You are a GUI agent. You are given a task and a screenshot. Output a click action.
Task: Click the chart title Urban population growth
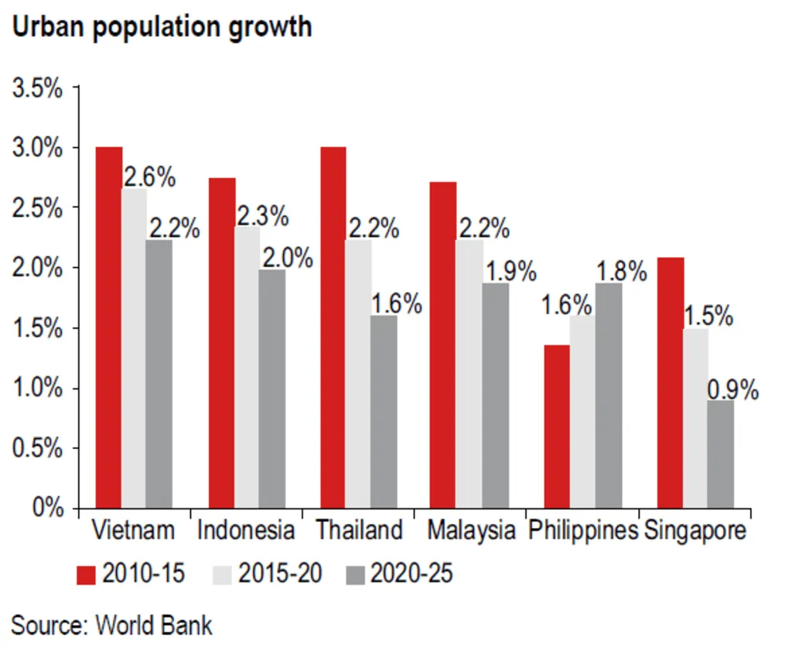[x=162, y=26]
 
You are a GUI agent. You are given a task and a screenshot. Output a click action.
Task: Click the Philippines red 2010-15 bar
[x=557, y=427]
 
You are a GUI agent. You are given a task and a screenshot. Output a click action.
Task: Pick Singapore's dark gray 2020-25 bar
[x=721, y=454]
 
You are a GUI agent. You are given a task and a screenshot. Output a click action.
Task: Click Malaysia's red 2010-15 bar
[x=443, y=345]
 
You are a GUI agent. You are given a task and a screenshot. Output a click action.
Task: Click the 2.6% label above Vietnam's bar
[x=149, y=177]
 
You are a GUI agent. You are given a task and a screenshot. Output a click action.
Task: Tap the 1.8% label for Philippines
[x=621, y=272]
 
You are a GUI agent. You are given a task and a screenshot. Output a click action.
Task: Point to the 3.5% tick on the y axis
[x=36, y=87]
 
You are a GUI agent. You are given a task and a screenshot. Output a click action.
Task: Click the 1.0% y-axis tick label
[x=36, y=388]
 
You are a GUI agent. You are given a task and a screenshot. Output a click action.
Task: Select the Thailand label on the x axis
[x=359, y=530]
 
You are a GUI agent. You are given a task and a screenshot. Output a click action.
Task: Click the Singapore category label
[x=696, y=530]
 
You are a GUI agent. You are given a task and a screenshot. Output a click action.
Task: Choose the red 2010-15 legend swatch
[x=86, y=574]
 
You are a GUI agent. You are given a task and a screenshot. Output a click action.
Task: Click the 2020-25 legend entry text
[x=411, y=574]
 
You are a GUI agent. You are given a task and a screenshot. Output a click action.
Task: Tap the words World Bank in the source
[x=154, y=624]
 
